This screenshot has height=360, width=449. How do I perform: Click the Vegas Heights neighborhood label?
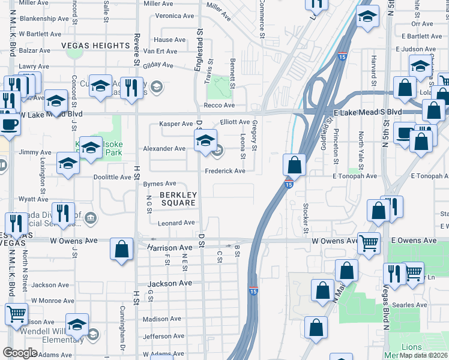[x=95, y=46]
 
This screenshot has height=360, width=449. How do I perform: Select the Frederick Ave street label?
[x=225, y=171]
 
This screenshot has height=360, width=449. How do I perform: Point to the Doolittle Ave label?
[x=112, y=178]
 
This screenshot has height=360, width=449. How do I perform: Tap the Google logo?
[x=19, y=353]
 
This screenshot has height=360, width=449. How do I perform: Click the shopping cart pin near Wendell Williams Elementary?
[x=16, y=314]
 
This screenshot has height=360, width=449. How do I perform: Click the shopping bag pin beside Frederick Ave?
[x=294, y=164]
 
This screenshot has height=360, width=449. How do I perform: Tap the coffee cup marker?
[x=9, y=124]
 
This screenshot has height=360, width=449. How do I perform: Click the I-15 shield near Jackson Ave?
[x=254, y=290]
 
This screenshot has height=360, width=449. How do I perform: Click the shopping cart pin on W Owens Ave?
[x=369, y=243]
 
